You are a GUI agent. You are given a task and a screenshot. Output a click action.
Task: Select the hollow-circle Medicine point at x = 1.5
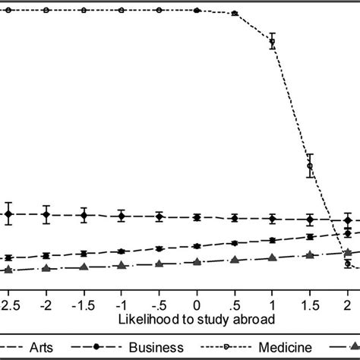[309, 166]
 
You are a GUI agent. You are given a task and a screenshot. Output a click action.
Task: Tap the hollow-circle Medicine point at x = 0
[197, 11]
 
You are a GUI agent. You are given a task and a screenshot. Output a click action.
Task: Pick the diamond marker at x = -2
[46, 215]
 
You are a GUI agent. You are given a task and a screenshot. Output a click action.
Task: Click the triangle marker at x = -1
[122, 266]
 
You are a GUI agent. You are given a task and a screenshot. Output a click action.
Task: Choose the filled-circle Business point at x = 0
[197, 246]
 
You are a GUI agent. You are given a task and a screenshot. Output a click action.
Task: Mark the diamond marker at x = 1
[272, 219]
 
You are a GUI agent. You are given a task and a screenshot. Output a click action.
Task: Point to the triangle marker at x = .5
[234, 261]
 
